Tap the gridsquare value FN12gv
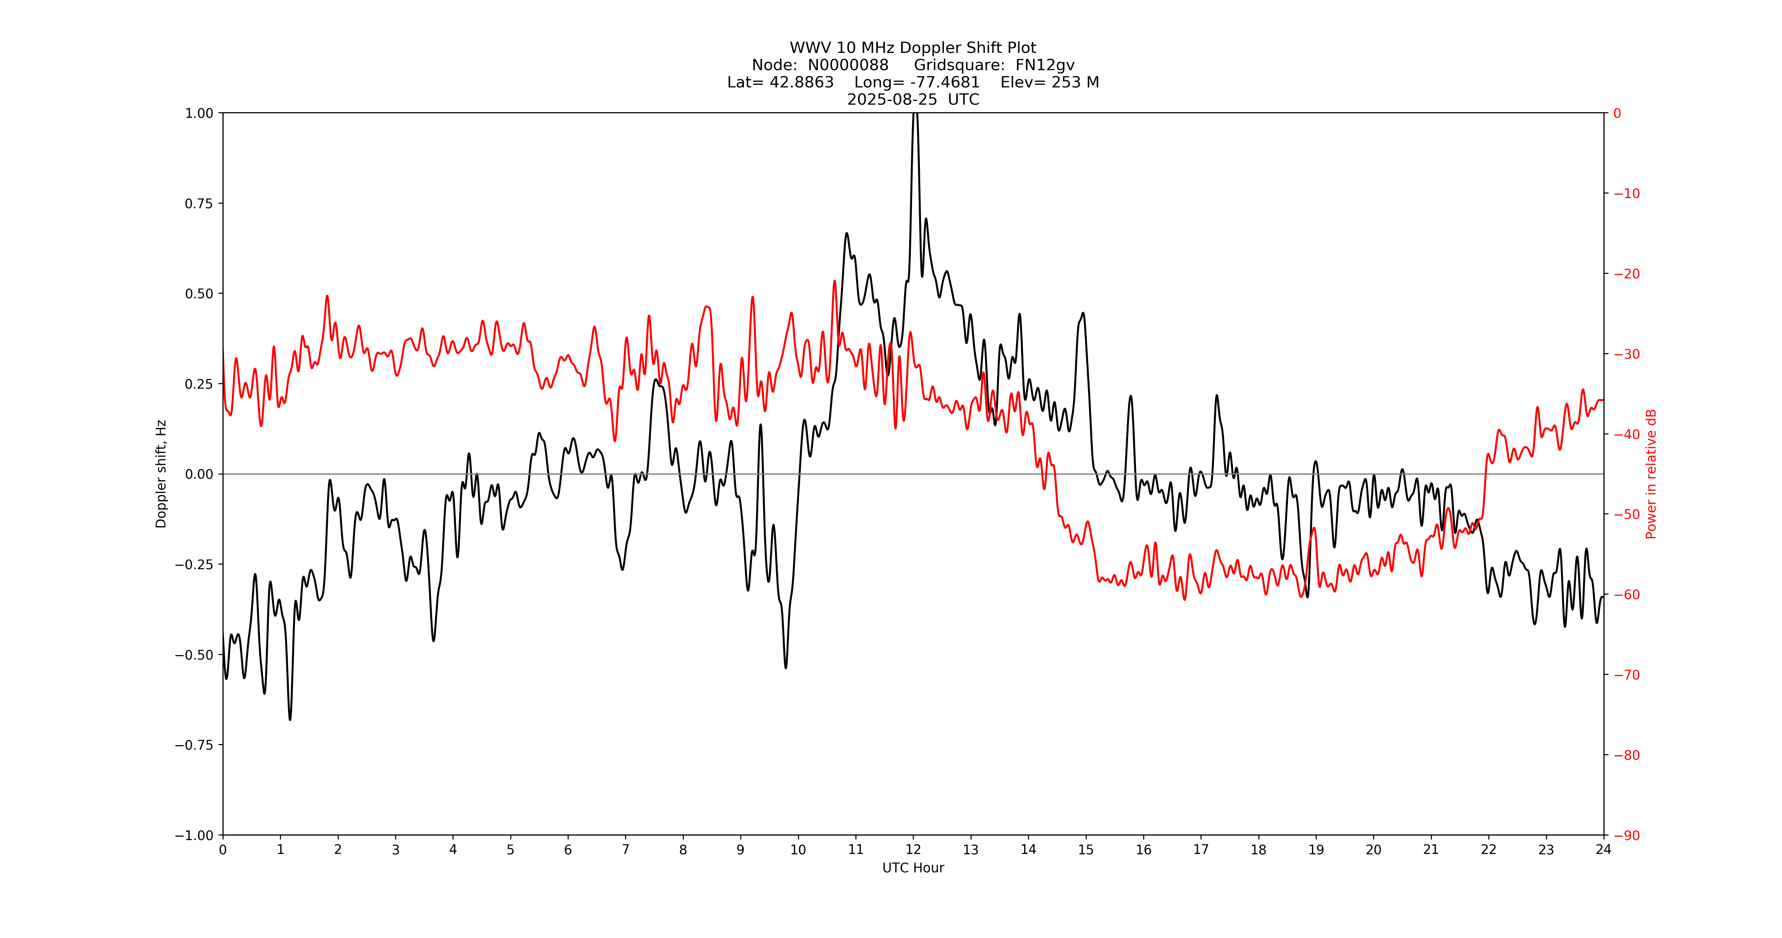click(1044, 65)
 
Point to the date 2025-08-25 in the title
click(892, 99)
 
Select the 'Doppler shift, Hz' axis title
click(161, 474)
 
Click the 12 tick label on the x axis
click(913, 849)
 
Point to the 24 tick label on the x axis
click(1603, 849)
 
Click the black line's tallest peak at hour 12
click(915, 114)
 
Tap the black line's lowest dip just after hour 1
click(290, 719)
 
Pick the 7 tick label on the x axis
click(625, 849)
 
